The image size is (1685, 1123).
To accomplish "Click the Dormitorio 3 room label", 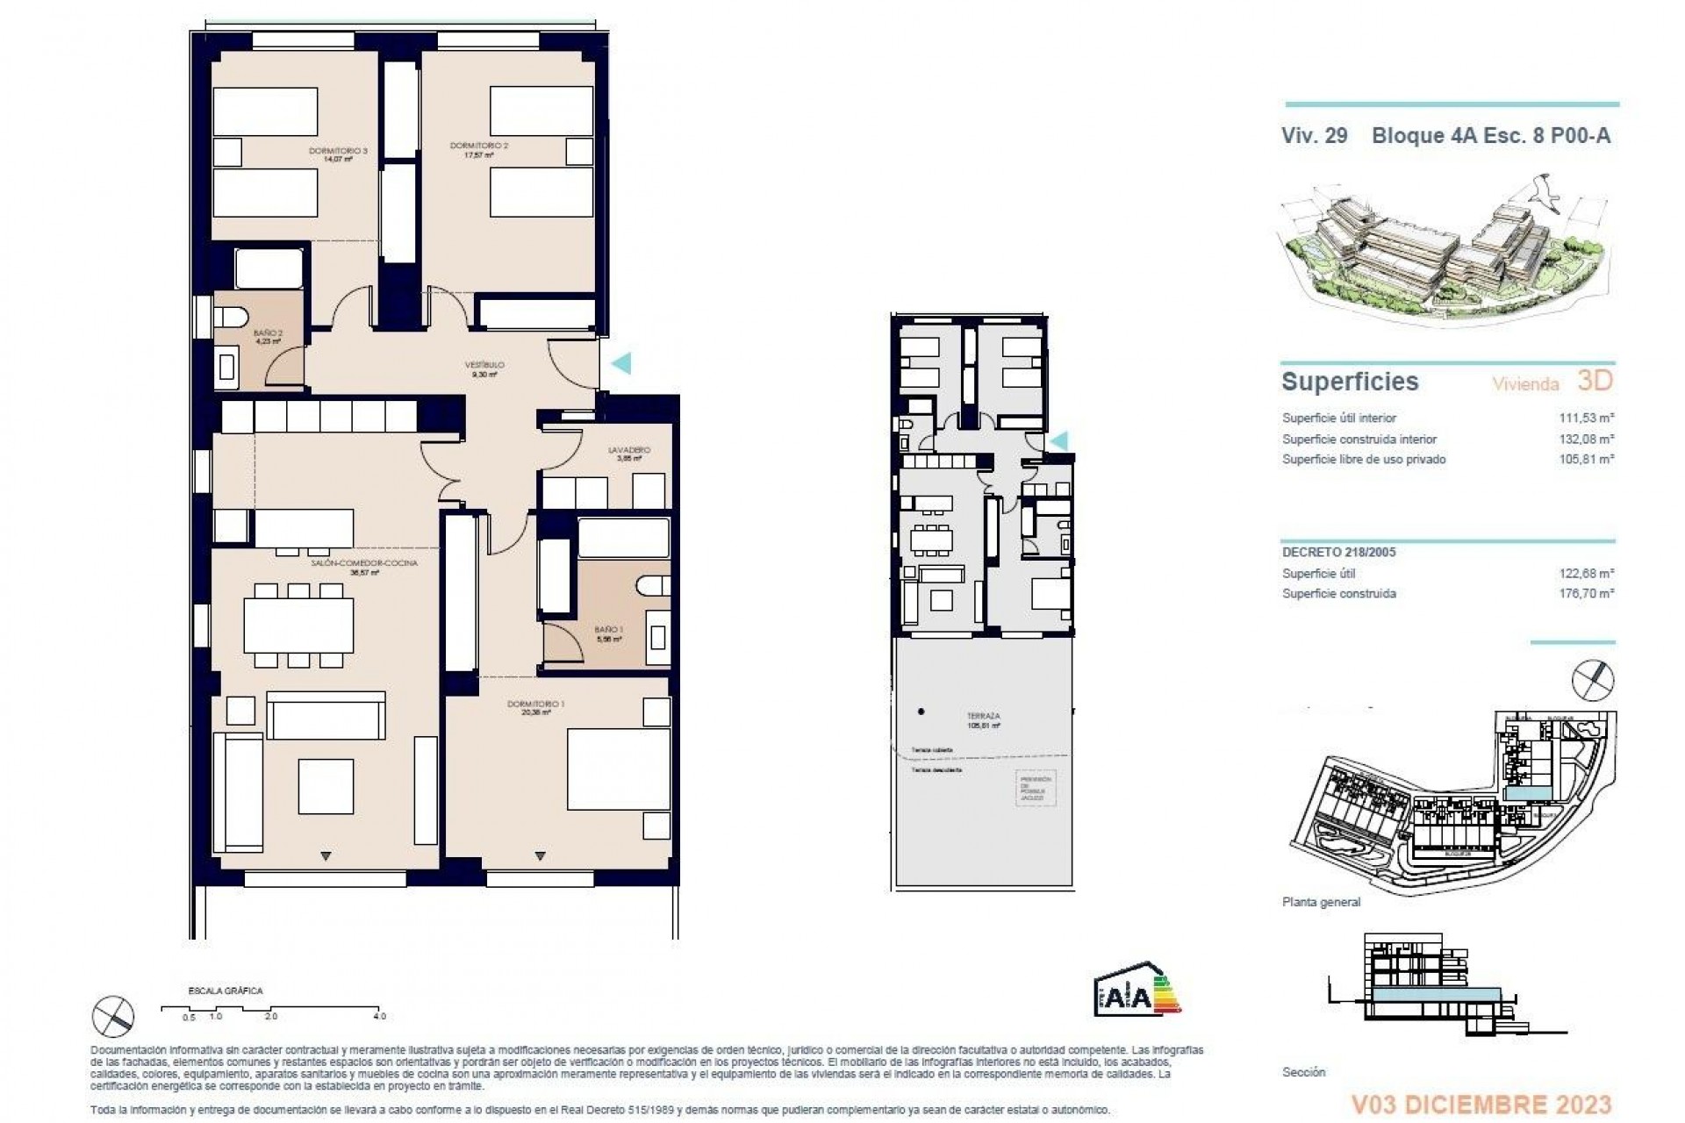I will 338,152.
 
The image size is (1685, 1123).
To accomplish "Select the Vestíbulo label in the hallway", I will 484,365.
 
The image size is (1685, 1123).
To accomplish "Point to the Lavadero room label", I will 629,450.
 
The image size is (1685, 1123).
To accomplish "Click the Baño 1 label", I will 608,630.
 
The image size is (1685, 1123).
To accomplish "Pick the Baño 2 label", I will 268,333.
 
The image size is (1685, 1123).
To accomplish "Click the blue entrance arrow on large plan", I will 620,362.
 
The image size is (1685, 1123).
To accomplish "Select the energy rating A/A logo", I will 1137,994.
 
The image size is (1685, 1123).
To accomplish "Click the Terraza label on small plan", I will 983,717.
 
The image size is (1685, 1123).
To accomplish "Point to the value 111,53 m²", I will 1585,418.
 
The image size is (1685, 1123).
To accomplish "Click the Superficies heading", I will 1350,382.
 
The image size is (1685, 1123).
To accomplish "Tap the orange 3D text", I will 1595,381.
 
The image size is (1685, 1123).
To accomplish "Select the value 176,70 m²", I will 1585,594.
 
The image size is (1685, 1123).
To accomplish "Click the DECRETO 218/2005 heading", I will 1338,553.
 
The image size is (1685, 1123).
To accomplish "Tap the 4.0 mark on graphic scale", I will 378,1017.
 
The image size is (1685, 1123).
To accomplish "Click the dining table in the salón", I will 298,625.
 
